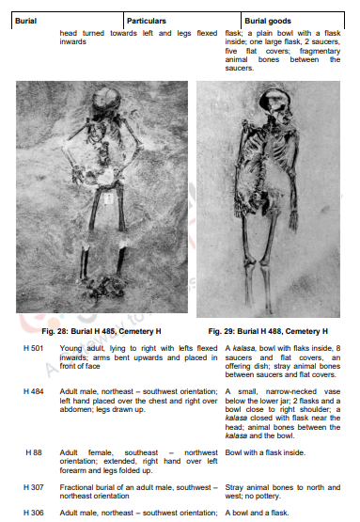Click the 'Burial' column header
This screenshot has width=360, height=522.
[x=26, y=20]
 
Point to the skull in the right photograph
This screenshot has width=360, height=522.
[x=274, y=98]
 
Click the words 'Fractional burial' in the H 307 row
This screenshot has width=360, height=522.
[x=88, y=485]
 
